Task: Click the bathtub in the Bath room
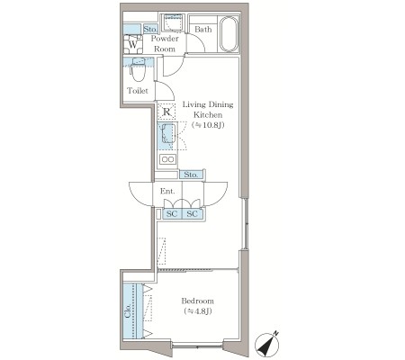coord(229,34)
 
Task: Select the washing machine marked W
coord(133,44)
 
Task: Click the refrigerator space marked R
coord(166,112)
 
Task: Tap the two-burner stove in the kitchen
coord(168,159)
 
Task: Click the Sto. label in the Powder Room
coord(150,29)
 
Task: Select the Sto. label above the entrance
coord(191,175)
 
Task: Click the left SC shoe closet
coord(172,214)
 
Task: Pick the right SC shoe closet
coord(192,214)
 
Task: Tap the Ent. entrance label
coord(167,191)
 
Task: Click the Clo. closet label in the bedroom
coord(128,310)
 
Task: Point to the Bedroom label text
coord(198,301)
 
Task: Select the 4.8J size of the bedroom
coord(198,311)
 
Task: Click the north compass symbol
coord(267,344)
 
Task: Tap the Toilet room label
coord(138,91)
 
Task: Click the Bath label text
coord(203,30)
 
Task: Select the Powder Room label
coord(165,43)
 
